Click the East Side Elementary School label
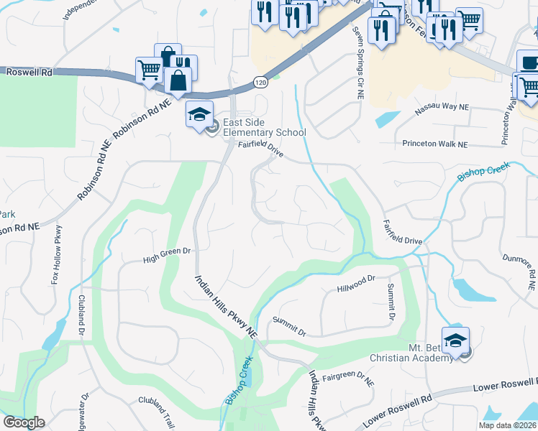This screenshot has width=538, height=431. [x=265, y=127]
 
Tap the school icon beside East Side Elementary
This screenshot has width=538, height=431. [x=199, y=113]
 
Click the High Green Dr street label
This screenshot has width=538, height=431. [x=166, y=252]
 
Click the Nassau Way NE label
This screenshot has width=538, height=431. [x=442, y=110]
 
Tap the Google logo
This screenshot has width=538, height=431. [x=24, y=423]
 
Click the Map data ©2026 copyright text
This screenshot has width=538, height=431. [x=507, y=425]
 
